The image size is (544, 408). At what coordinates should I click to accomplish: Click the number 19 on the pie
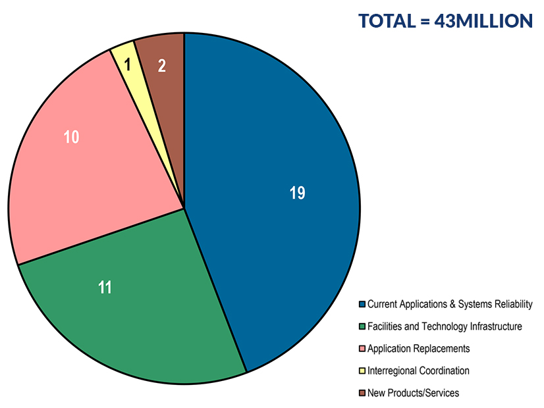point(297,193)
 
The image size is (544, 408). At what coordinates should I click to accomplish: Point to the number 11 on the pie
point(104,287)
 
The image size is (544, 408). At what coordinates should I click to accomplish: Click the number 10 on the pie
point(71,138)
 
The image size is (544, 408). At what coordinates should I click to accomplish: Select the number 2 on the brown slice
point(161,65)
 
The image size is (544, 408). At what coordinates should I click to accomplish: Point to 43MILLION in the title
point(484,21)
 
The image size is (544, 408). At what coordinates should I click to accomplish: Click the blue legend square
point(362,304)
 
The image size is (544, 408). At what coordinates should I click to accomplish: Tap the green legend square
point(362,326)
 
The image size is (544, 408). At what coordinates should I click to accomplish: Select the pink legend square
point(362,349)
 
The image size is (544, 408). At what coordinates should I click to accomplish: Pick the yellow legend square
point(362,371)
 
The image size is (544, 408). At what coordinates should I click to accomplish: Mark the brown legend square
point(362,394)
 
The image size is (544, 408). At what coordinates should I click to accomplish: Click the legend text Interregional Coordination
point(418,370)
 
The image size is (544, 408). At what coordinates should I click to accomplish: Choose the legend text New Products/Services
point(413,393)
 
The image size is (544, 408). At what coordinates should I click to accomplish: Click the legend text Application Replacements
point(418,348)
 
